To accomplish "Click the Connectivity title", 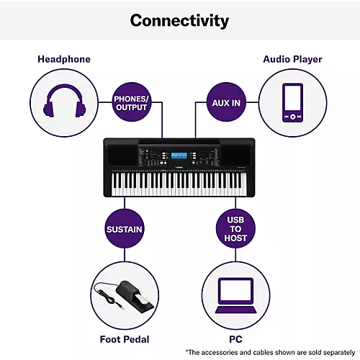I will point(179,19).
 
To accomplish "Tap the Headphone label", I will point(64,59).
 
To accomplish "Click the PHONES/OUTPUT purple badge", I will point(131,103).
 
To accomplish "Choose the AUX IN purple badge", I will point(226,103).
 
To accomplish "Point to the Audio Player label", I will point(292,59).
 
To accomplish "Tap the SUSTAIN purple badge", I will point(124,230).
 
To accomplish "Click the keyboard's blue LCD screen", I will point(179,156).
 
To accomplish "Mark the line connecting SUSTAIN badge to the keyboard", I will point(124,204).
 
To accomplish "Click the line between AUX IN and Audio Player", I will point(252,103).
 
